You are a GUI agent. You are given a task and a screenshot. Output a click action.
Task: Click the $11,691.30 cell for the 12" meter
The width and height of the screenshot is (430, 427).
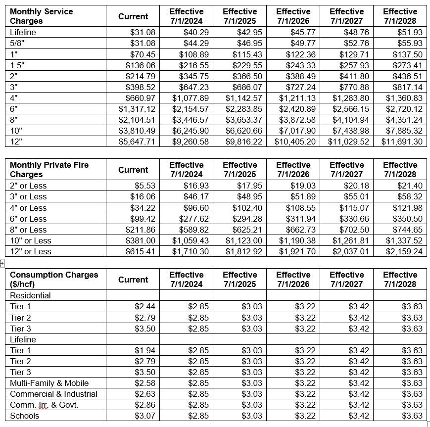(x=402, y=141)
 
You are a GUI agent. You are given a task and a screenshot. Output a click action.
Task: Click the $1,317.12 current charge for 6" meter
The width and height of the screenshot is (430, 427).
(x=137, y=108)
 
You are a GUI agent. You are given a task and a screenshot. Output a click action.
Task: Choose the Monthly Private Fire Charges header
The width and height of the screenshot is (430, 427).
(x=49, y=170)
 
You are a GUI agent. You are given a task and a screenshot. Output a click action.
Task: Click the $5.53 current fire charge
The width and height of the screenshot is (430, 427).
(x=144, y=186)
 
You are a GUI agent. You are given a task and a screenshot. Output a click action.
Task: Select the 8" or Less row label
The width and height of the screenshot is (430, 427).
(x=28, y=229)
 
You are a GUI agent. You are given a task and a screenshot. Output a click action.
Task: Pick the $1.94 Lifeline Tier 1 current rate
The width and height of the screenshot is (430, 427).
(x=144, y=350)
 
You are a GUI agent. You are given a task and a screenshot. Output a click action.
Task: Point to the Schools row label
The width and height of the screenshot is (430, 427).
(x=24, y=416)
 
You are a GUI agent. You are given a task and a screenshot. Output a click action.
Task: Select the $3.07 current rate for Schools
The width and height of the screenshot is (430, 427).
(x=144, y=416)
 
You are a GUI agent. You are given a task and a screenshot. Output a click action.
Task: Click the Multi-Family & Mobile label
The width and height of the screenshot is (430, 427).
(x=49, y=383)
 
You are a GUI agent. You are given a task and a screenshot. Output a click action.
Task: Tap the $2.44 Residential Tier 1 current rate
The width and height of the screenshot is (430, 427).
(x=144, y=306)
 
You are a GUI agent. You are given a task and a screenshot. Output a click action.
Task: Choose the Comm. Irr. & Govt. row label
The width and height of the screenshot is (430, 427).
(x=44, y=405)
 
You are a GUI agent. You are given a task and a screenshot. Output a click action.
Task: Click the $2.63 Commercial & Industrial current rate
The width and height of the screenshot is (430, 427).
(x=144, y=394)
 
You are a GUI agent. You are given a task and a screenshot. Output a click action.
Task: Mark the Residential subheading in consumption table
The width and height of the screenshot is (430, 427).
(x=30, y=295)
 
